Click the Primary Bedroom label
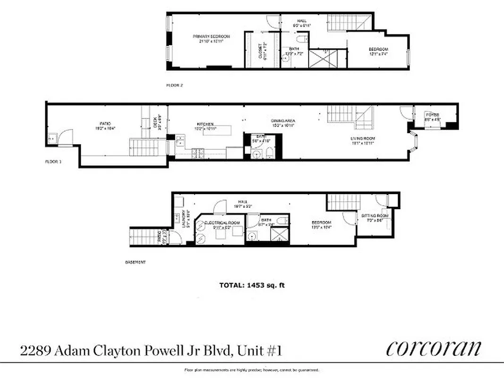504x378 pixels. [211, 36]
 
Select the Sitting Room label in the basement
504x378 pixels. [375, 215]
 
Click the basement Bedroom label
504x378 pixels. [321, 222]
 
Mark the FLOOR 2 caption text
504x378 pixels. [174, 86]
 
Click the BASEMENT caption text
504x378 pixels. [136, 262]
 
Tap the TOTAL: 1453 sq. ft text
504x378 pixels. [252, 285]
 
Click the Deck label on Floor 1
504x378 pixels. [159, 123]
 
